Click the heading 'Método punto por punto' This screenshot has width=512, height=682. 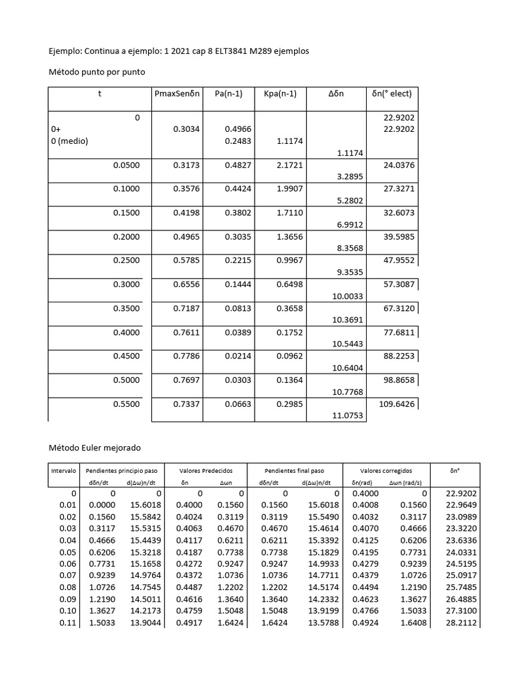pyautogui.click(x=97, y=71)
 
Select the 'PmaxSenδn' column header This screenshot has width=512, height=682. pyautogui.click(x=177, y=94)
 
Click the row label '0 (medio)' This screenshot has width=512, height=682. pyautogui.click(x=69, y=141)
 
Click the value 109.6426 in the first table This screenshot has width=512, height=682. pyautogui.click(x=399, y=404)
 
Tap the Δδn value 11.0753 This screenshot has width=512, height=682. pyautogui.click(x=347, y=416)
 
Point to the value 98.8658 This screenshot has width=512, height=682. pyautogui.click(x=399, y=380)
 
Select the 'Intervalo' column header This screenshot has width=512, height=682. pyautogui.click(x=65, y=471)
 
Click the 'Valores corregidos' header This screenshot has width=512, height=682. pyautogui.click(x=387, y=471)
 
